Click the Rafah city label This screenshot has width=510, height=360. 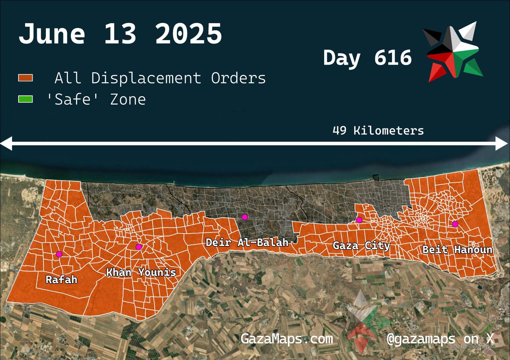click(x=62, y=280)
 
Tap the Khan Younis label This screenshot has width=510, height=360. click(x=141, y=272)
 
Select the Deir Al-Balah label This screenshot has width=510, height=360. click(x=247, y=242)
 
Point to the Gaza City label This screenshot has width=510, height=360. click(x=361, y=246)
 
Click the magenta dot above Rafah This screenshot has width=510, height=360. click(x=59, y=254)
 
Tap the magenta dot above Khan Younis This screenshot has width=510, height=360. click(x=139, y=247)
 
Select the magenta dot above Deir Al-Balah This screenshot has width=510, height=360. click(x=245, y=217)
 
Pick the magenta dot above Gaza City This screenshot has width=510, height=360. click(x=359, y=220)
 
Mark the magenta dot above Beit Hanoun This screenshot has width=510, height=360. click(x=455, y=224)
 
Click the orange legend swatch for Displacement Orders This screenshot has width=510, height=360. click(x=25, y=78)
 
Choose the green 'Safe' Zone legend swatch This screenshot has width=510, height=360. click(x=25, y=99)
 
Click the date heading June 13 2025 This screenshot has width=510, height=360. click(x=120, y=34)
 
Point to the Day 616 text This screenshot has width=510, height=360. click(x=367, y=58)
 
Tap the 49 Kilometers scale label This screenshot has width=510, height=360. click(x=378, y=131)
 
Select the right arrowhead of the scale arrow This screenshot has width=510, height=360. click(x=502, y=143)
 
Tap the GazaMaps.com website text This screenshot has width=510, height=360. click(x=287, y=338)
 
